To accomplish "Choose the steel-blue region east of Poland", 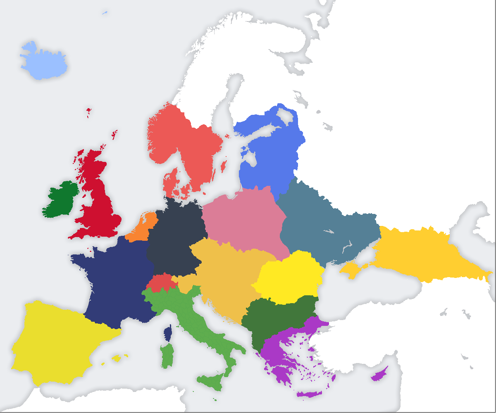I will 327,227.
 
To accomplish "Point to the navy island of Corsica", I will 168,333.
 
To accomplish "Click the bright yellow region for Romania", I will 289,277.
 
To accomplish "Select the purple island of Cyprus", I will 378,375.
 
